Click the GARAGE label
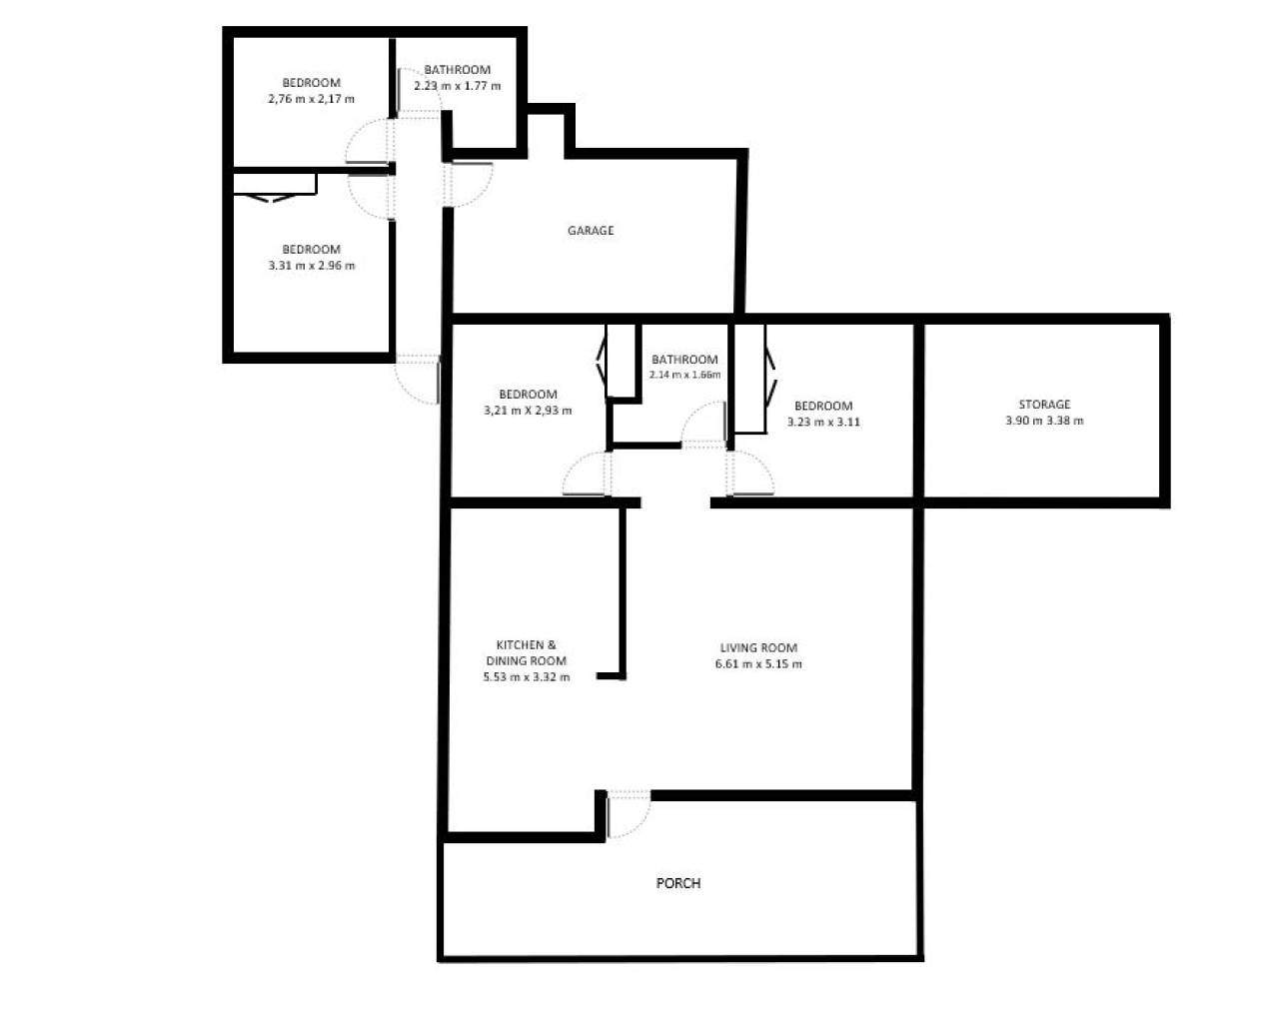(x=591, y=231)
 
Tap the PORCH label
(x=677, y=883)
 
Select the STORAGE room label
(x=1044, y=405)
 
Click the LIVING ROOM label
(x=758, y=647)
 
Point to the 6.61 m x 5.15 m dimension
(x=758, y=664)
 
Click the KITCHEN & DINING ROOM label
(x=526, y=652)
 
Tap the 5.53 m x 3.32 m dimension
(x=526, y=677)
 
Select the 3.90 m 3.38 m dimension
(x=1044, y=421)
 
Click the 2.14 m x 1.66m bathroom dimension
(x=684, y=375)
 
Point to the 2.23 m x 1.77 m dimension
(x=458, y=86)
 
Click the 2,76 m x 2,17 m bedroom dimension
(x=311, y=99)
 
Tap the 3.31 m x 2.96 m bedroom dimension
(x=311, y=266)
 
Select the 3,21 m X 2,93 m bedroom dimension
(x=528, y=411)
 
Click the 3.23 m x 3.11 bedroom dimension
(x=823, y=422)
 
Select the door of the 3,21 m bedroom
(x=587, y=474)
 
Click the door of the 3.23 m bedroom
(x=750, y=474)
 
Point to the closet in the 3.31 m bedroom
(x=274, y=185)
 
